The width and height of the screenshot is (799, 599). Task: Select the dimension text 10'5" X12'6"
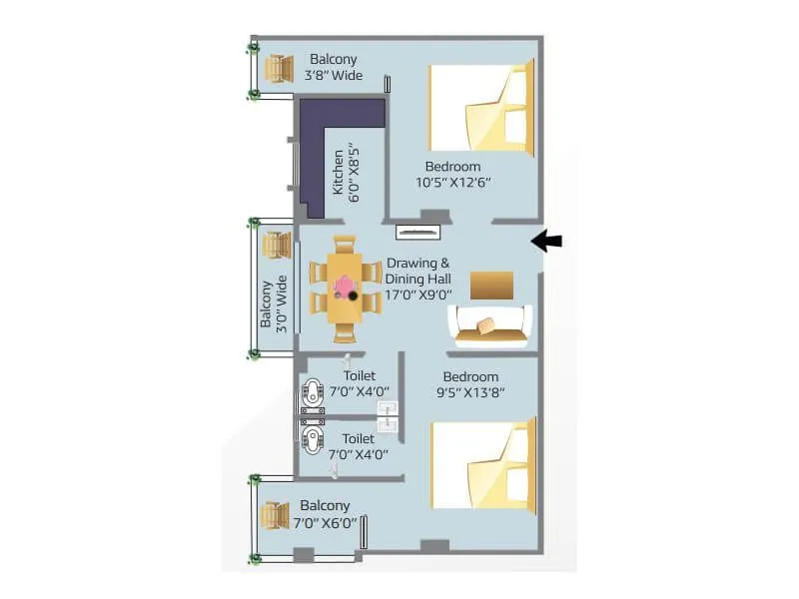click(x=454, y=183)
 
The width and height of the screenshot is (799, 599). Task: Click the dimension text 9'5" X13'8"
click(x=470, y=392)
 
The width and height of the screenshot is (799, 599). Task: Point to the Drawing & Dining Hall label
click(x=418, y=279)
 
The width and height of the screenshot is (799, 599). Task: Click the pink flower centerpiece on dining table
click(x=346, y=287)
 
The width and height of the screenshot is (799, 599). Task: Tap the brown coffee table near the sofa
click(x=491, y=285)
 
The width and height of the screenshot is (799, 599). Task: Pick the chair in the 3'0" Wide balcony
click(x=274, y=245)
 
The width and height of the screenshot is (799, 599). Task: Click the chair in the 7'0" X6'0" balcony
click(x=275, y=516)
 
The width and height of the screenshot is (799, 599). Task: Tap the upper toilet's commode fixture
click(x=313, y=390)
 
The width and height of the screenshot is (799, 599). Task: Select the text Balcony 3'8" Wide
click(x=335, y=67)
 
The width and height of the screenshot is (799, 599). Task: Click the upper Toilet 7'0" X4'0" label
click(x=359, y=383)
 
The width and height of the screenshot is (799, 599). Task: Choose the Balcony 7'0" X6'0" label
click(x=325, y=514)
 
